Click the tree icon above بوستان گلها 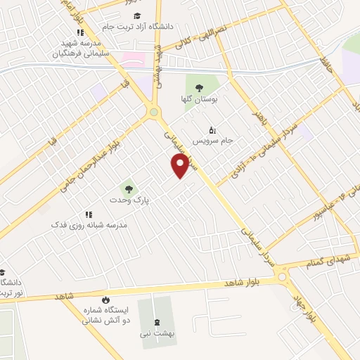[200, 87]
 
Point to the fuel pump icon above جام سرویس [212, 129]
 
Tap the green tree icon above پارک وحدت [128, 188]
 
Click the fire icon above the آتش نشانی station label [105, 300]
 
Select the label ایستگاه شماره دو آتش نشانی [105, 314]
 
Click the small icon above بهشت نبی [157, 323]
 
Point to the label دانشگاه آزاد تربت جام [137, 26]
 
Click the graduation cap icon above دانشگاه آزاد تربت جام [138, 15]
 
